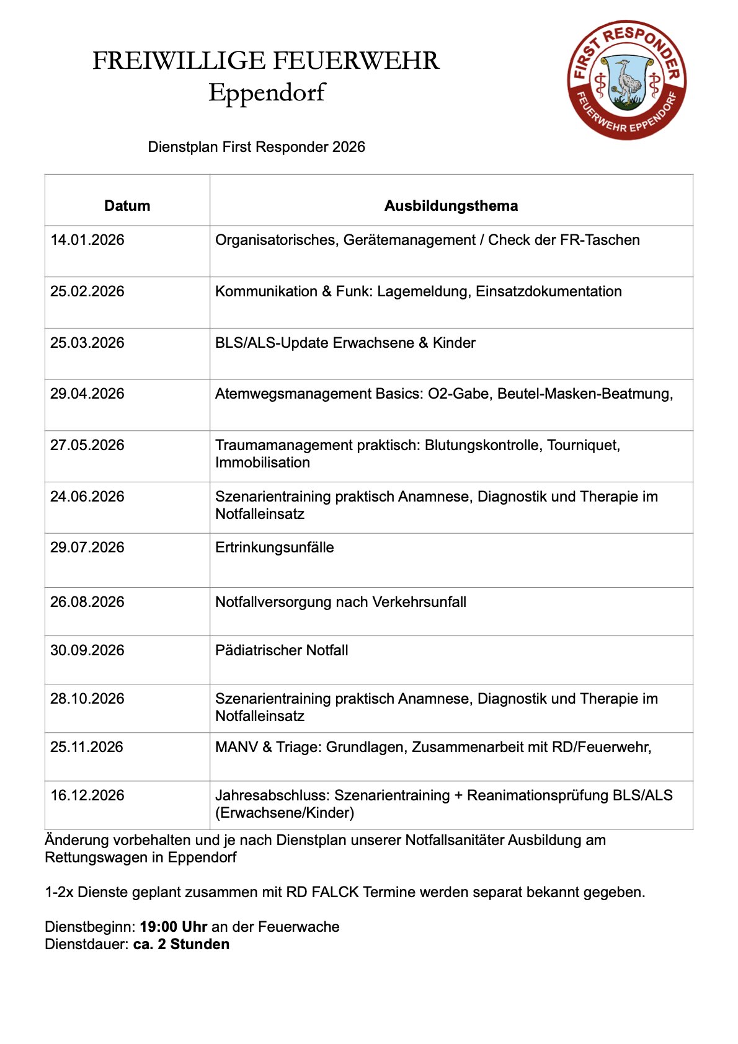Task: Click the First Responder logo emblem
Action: tap(627, 79)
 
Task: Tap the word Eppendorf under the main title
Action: tap(267, 93)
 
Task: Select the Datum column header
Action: tap(127, 206)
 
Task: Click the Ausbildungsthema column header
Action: tap(451, 206)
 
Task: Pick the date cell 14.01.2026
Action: tap(87, 240)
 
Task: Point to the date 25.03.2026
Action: tap(87, 343)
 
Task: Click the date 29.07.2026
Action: tap(87, 547)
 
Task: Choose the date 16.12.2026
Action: tap(87, 795)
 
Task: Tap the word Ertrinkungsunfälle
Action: tap(274, 547)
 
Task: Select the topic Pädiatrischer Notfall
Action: tap(282, 650)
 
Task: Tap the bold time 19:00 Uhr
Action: tap(174, 927)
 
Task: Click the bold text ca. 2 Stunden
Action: tap(181, 944)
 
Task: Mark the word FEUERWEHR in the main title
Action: tap(356, 61)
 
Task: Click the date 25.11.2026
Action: tap(87, 747)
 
